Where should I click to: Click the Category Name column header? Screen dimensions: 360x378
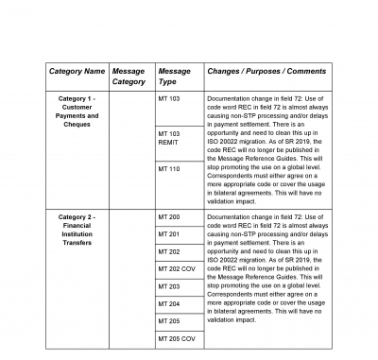coord(76,71)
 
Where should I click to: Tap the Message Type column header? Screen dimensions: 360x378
coord(174,77)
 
